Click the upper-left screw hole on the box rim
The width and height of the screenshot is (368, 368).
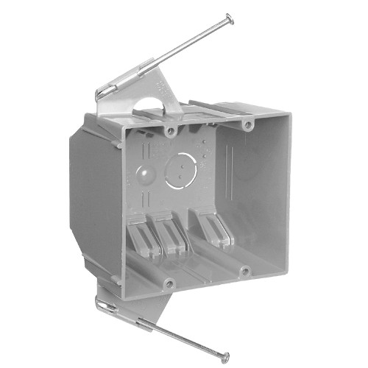(x=171, y=132)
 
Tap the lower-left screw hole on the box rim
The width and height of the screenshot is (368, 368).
(x=169, y=282)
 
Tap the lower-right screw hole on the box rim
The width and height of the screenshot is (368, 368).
(x=244, y=272)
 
